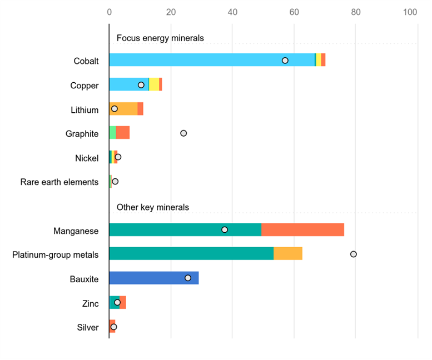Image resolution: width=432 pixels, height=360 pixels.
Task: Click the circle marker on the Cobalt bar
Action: [285, 60]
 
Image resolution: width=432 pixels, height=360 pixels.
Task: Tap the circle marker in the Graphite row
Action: [183, 133]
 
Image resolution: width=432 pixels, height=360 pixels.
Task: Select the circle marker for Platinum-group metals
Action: [353, 254]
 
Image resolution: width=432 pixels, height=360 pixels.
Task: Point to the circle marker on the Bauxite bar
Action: [188, 278]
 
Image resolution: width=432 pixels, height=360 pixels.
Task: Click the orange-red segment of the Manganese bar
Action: [302, 229]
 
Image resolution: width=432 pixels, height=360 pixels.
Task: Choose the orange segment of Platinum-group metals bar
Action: [288, 253]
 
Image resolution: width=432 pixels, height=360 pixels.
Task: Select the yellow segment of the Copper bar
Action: [154, 84]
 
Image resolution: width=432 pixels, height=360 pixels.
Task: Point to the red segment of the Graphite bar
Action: [123, 133]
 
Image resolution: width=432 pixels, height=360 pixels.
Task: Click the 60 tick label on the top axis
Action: [294, 12]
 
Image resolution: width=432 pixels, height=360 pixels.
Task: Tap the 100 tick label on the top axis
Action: [410, 12]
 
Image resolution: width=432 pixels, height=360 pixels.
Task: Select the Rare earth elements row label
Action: [59, 182]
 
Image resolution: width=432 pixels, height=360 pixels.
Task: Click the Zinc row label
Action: [90, 303]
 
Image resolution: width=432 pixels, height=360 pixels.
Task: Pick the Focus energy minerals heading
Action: [160, 38]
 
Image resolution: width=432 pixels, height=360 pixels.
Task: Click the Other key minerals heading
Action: [153, 207]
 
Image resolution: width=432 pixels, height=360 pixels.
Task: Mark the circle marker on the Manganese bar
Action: [225, 229]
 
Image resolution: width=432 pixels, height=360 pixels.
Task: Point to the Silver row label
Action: [88, 327]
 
